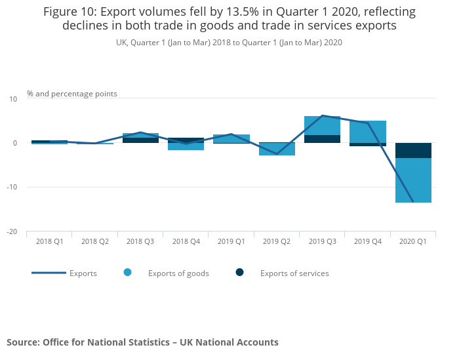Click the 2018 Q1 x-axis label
tap(49, 241)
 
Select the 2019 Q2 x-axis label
tap(277, 241)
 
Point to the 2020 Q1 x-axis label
tap(413, 241)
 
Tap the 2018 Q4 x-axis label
tap(186, 241)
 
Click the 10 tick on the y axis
tap(13, 98)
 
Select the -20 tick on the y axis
tap(12, 231)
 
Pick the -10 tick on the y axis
tap(12, 187)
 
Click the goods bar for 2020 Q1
tap(413, 180)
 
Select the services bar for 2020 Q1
tap(413, 150)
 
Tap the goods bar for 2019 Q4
tap(367, 131)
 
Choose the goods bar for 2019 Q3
tap(322, 125)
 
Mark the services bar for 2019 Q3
tap(322, 139)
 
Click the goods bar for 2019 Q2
tap(277, 150)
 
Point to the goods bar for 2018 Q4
tap(186, 147)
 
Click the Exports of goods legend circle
tap(127, 273)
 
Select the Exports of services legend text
tap(294, 273)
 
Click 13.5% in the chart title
tap(205, 12)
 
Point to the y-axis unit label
tap(72, 94)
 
